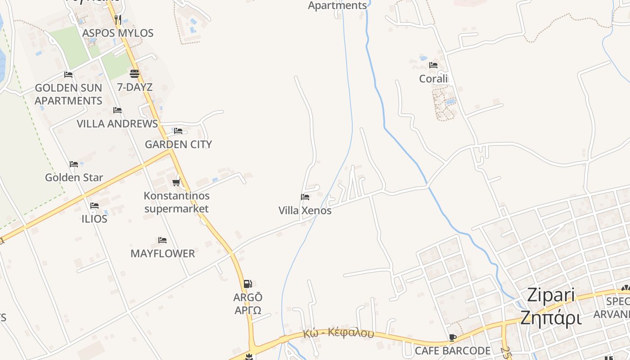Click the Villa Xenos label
[305, 211]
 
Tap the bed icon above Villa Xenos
[305, 197]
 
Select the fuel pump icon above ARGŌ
[247, 283]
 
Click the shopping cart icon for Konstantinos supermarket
[176, 182]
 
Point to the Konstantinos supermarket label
[176, 202]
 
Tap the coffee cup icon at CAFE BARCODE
[453, 337]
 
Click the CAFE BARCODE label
[453, 351]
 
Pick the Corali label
[433, 79]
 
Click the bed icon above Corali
[433, 65]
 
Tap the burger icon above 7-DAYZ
[135, 73]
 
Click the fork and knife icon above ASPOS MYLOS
[118, 19]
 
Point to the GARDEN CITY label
[178, 144]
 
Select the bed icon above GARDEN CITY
[178, 131]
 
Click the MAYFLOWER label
[163, 253]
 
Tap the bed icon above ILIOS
[94, 206]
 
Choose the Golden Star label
[74, 177]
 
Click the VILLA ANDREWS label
[117, 124]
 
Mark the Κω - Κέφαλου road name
[338, 333]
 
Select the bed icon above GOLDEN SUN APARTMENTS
[68, 74]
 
